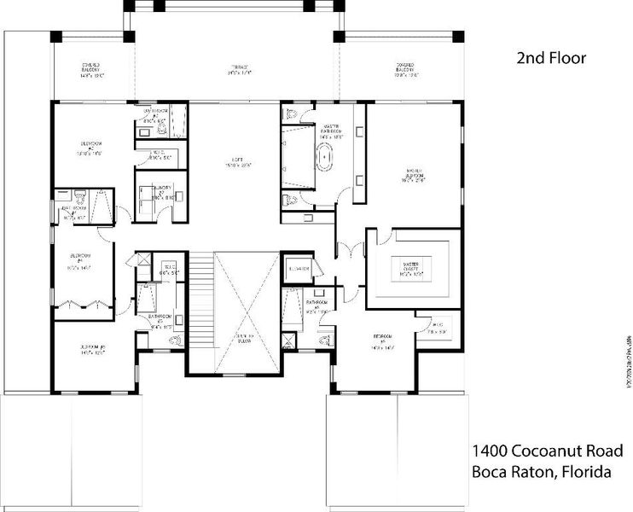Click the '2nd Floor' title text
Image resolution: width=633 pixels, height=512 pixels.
pos(552,59)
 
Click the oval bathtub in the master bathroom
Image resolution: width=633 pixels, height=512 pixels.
pos(325,160)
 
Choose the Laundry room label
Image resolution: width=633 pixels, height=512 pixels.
pos(162,191)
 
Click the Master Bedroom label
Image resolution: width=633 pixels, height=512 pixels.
pos(415,175)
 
